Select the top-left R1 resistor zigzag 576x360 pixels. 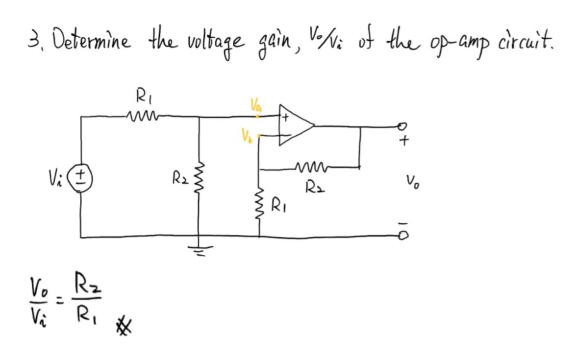(140, 117)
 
